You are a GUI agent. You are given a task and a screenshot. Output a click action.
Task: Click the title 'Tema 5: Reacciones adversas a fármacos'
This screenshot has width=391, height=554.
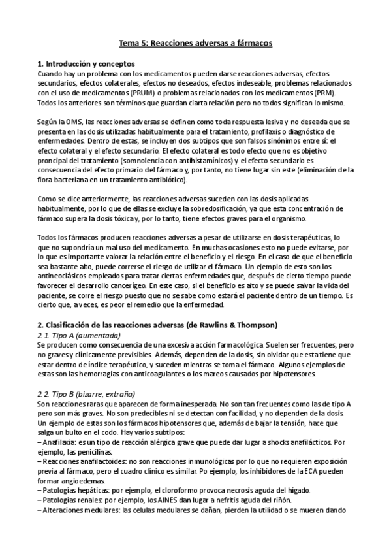tap(195, 43)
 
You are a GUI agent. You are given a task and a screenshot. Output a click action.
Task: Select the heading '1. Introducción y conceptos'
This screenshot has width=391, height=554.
tap(86, 64)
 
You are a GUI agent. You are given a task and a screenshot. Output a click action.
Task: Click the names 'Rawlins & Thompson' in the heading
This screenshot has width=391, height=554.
tap(238, 325)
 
